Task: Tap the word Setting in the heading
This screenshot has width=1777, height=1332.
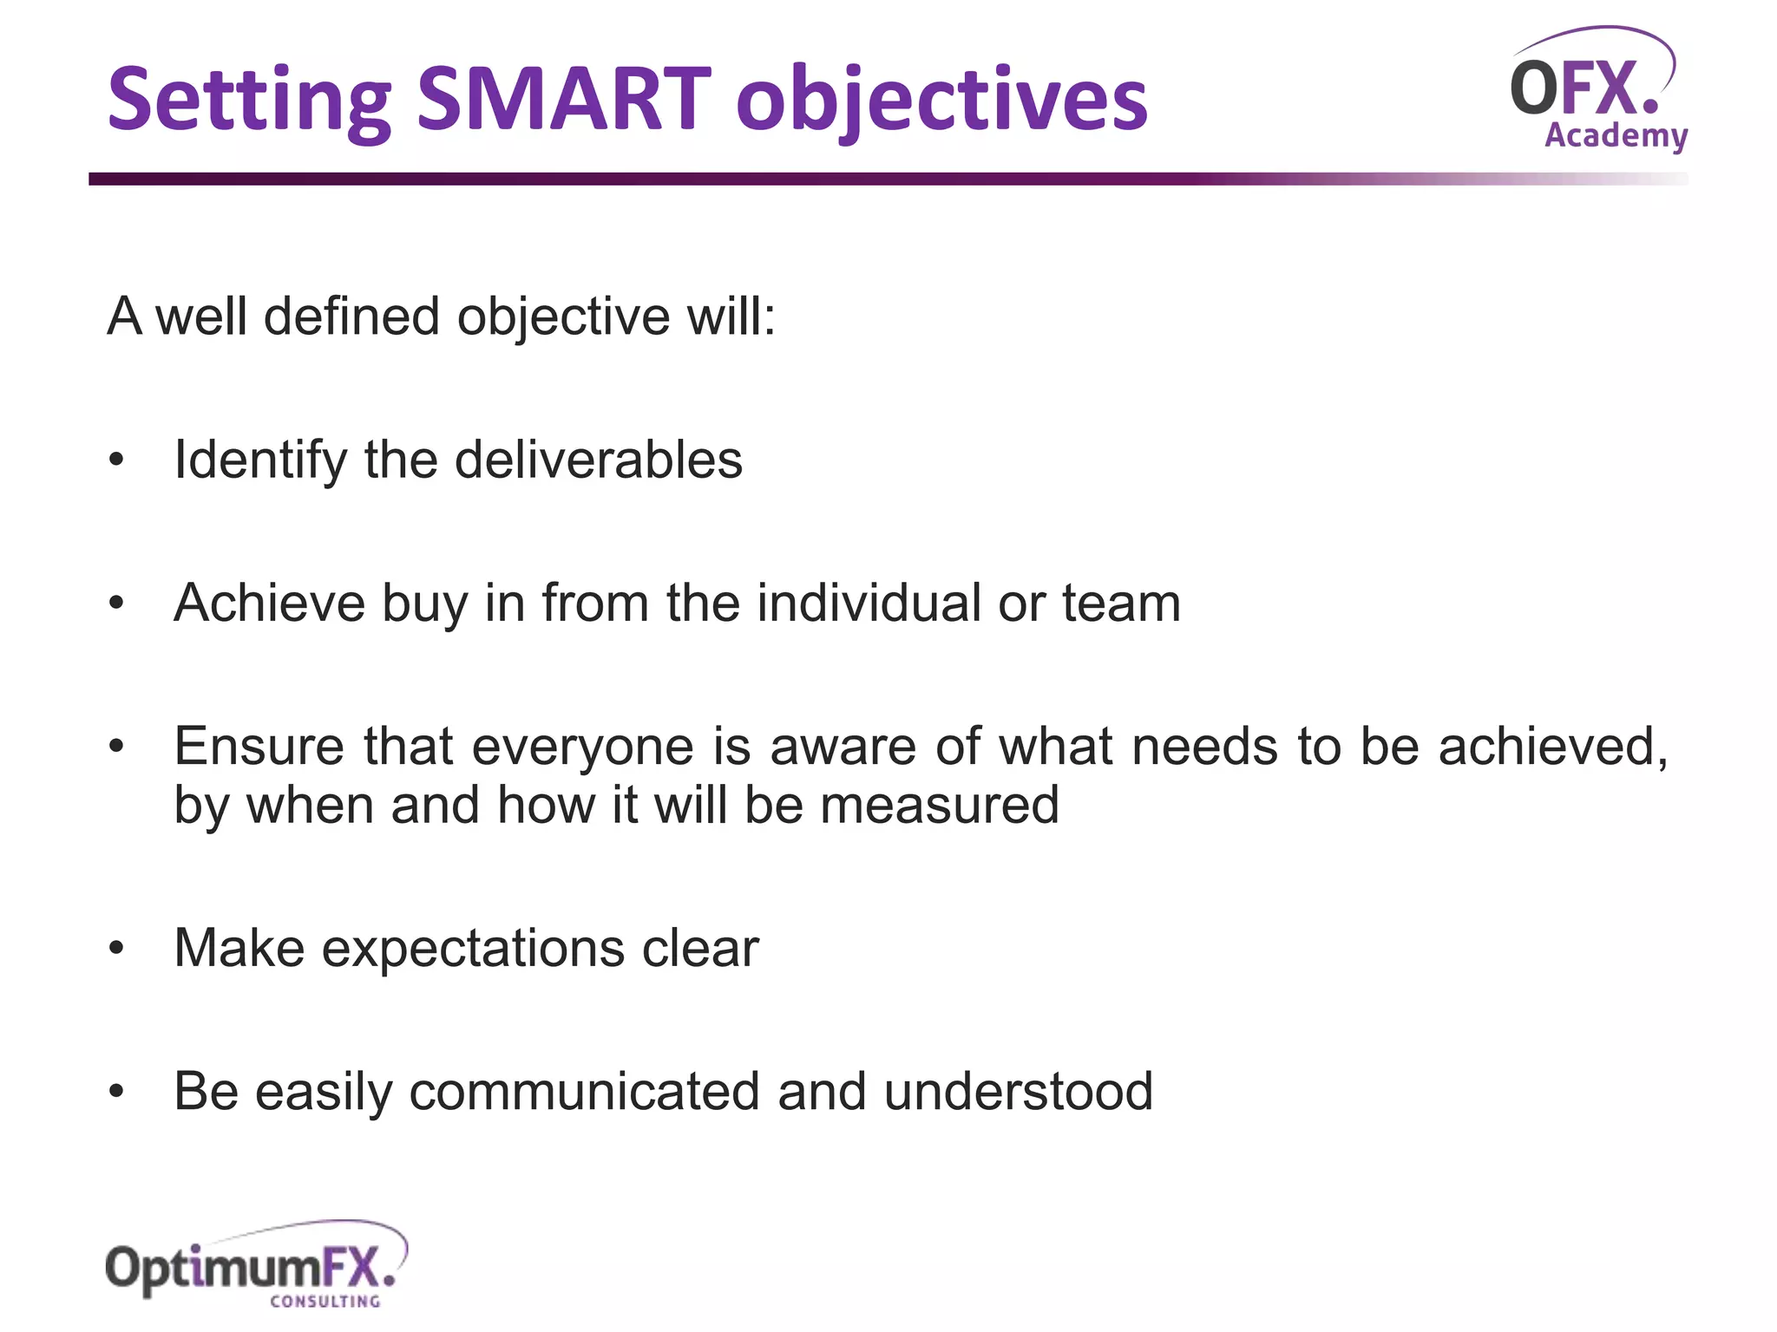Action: (x=249, y=102)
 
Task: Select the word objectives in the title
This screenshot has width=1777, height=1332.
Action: (x=941, y=102)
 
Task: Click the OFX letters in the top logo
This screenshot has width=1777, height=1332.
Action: (x=1584, y=88)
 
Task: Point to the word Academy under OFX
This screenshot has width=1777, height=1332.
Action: (x=1616, y=137)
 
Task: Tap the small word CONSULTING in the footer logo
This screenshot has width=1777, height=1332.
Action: (x=325, y=1302)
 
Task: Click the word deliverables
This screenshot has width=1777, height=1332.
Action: (x=599, y=460)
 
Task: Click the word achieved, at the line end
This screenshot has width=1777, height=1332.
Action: (x=1553, y=747)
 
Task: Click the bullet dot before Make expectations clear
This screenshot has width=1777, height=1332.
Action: (x=117, y=949)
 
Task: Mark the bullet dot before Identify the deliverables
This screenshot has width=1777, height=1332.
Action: (x=117, y=460)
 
